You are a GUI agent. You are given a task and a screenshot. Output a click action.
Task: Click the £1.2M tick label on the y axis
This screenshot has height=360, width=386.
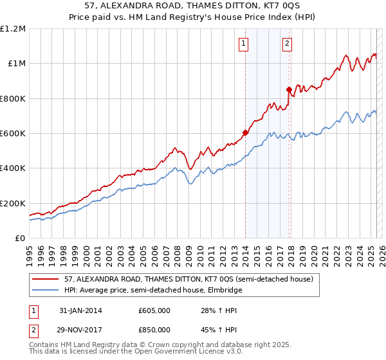click(13, 29)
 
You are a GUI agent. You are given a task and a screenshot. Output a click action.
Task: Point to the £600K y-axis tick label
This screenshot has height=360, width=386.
click(13, 134)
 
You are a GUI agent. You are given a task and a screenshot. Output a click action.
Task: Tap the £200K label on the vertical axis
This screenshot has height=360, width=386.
click(13, 203)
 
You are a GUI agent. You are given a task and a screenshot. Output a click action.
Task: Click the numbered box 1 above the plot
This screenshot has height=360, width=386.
click(244, 44)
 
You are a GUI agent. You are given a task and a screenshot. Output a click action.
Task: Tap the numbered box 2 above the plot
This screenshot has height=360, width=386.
click(286, 44)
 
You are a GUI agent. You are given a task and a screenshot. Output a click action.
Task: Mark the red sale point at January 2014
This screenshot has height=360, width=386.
click(245, 133)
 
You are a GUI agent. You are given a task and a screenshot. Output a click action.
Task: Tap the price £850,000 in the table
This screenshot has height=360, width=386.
click(154, 329)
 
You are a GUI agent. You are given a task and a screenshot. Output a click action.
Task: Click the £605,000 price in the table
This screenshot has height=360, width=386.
click(154, 310)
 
